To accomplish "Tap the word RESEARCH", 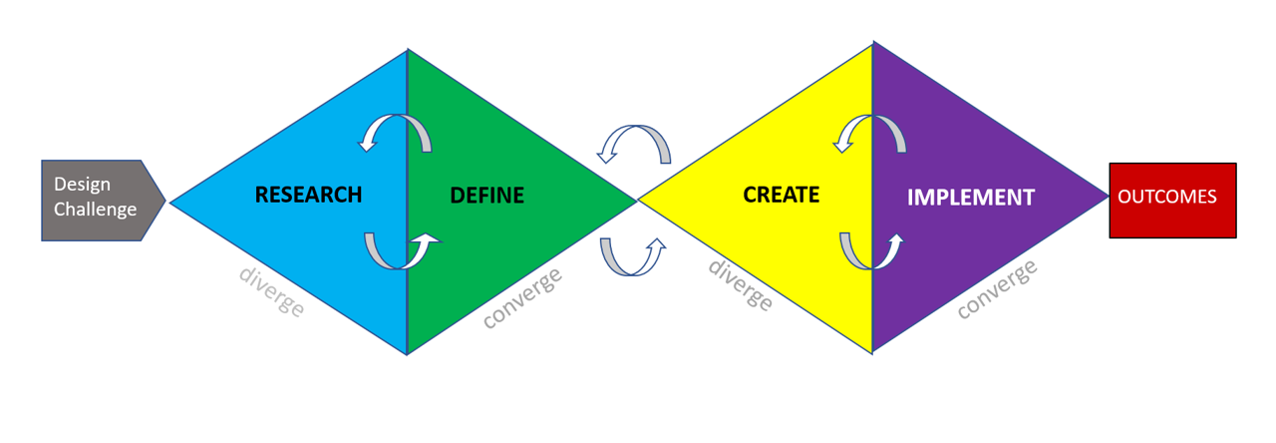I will [x=308, y=194].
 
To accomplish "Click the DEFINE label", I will [x=486, y=196].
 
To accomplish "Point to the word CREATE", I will [x=781, y=194].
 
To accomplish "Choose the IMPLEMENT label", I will [x=970, y=198].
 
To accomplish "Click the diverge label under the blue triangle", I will [x=271, y=290].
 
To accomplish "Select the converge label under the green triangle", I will [x=522, y=296].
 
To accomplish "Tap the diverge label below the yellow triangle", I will [x=740, y=284].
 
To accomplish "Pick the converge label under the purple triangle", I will [x=997, y=288].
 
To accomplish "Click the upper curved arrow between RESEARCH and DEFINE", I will [x=396, y=132].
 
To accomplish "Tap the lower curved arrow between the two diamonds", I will [x=633, y=256].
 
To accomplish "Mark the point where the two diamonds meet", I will [x=637, y=201].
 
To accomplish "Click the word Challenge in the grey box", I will [x=95, y=210].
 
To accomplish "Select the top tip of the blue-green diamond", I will [x=408, y=49].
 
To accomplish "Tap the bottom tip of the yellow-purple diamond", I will [x=872, y=352].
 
